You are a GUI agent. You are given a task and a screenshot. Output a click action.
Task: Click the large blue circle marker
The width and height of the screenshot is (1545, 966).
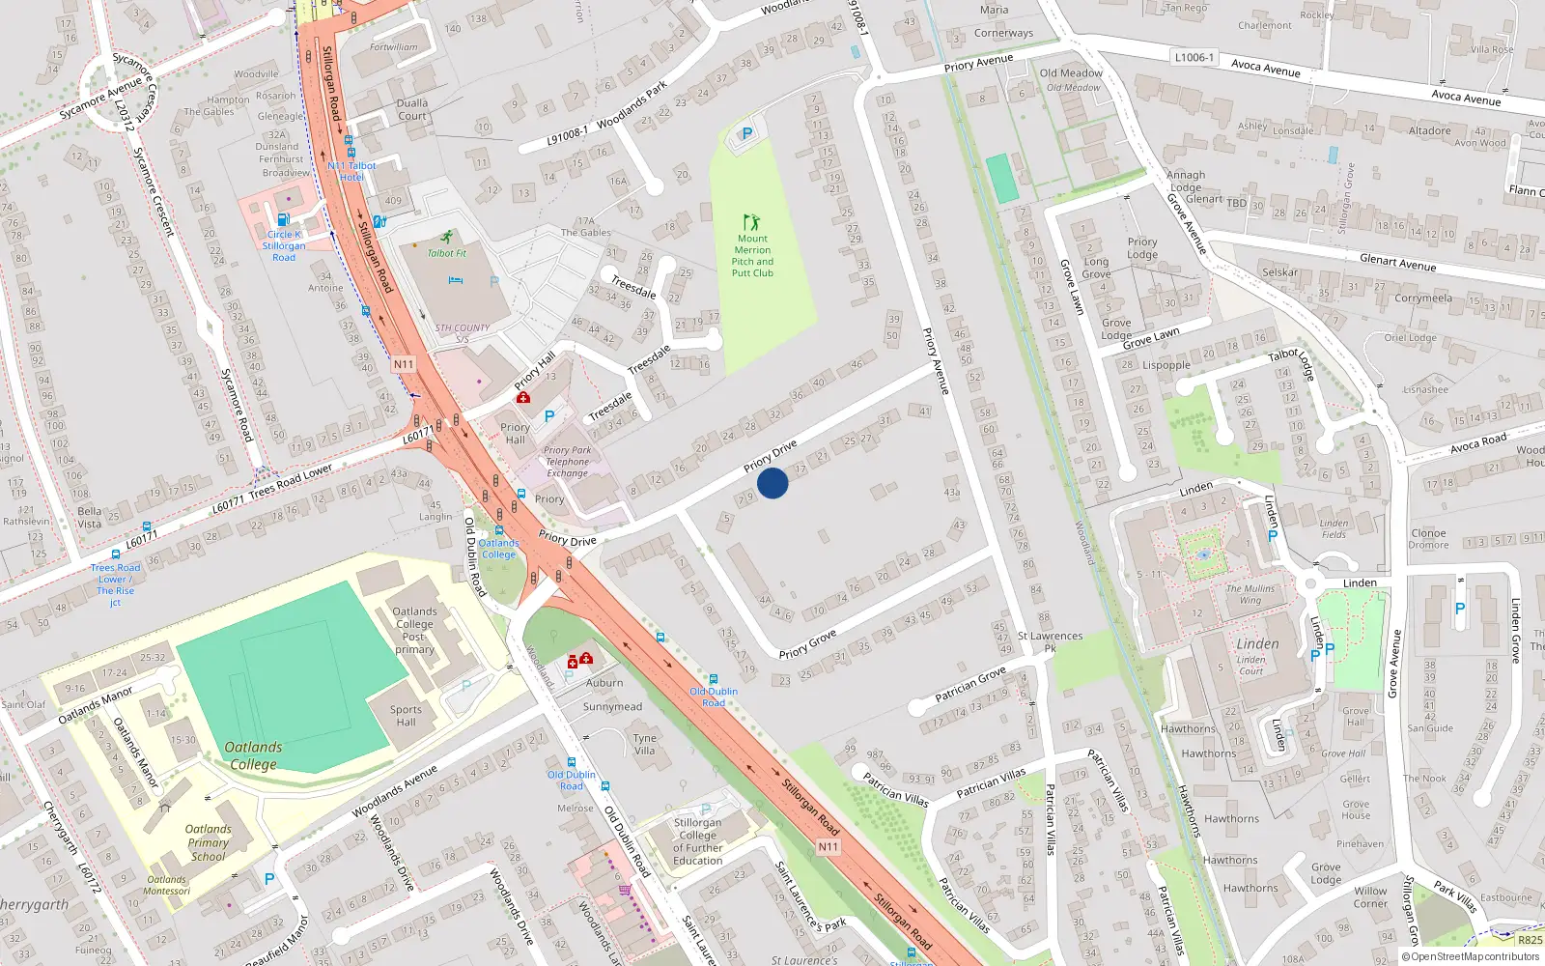[x=772, y=482]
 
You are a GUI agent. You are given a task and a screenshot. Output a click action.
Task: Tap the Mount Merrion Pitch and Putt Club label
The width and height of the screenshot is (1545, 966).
[x=752, y=256]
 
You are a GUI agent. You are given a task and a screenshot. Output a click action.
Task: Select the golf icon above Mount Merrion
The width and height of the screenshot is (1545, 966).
[x=751, y=222]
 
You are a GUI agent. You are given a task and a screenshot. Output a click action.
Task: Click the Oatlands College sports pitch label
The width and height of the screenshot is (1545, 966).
[x=253, y=755]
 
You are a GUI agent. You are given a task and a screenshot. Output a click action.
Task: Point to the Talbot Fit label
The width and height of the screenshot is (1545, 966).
[x=447, y=253]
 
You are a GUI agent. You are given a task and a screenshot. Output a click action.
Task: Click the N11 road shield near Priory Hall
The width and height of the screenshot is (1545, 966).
[x=404, y=364]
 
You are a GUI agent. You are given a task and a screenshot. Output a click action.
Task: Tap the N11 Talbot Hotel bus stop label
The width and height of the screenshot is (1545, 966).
[x=351, y=171]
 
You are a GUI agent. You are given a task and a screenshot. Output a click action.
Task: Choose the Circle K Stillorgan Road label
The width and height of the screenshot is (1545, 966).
[x=284, y=245]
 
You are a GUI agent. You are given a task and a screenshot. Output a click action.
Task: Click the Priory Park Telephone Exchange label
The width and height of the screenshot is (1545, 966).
[x=567, y=462]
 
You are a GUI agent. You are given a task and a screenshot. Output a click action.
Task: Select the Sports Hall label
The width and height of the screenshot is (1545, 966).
[x=406, y=716]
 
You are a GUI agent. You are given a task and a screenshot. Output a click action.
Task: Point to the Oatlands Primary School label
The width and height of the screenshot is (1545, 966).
[x=209, y=842]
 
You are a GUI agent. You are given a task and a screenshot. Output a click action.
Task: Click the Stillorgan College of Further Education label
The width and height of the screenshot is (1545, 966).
[x=697, y=841]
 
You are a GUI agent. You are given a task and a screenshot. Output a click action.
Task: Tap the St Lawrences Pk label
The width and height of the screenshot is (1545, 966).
[x=1050, y=641]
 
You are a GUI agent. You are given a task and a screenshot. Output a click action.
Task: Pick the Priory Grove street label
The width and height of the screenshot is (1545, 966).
[x=807, y=645]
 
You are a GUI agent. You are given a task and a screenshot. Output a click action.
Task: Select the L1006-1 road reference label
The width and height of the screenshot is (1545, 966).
[x=1194, y=58]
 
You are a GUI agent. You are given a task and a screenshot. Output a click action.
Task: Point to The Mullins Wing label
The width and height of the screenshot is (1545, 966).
[x=1250, y=594]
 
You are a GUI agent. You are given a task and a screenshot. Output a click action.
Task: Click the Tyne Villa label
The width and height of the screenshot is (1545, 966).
[x=645, y=744]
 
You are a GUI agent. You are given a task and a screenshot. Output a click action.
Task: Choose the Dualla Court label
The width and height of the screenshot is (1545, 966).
[x=412, y=109]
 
